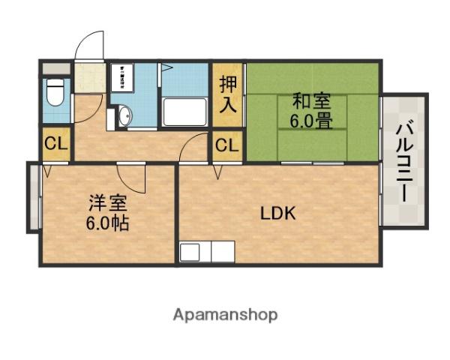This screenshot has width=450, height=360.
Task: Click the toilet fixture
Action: [x=55, y=94]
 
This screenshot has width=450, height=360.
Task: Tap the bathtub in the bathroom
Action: [x=184, y=112]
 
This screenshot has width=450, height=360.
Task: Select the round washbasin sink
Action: [x=124, y=115]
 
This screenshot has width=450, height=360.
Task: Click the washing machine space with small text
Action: [x=122, y=78]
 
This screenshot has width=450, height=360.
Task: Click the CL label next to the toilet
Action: [x=55, y=145]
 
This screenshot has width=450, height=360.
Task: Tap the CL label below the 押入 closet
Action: [x=227, y=145]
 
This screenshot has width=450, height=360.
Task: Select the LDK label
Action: [x=278, y=213]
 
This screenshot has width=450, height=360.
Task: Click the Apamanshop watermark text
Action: [x=225, y=314]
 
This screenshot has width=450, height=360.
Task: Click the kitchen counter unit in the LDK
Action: [x=207, y=251]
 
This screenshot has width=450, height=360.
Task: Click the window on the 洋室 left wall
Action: [x=33, y=197]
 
